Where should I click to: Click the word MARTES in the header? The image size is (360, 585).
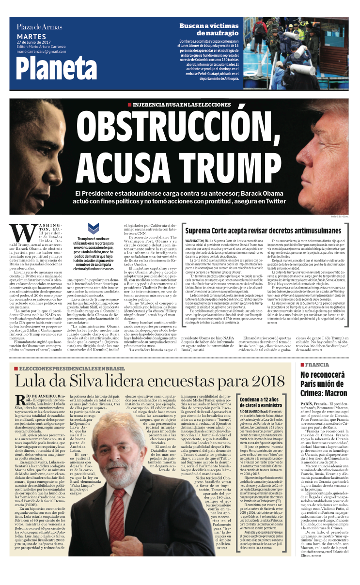31,36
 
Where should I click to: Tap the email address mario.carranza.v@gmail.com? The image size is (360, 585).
41,51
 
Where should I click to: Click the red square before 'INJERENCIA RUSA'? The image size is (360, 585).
129,104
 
